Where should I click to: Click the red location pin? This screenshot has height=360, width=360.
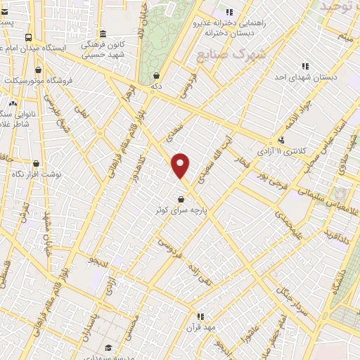(181, 166)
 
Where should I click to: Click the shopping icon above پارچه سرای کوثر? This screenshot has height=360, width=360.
(181, 198)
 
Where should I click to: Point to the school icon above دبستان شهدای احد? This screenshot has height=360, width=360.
(305, 65)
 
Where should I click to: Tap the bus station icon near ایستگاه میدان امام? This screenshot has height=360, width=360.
(27, 38)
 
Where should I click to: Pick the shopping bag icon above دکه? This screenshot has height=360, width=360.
(155, 75)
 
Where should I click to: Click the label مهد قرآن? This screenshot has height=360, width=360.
(200, 328)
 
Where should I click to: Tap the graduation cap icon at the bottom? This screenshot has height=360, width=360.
(108, 347)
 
